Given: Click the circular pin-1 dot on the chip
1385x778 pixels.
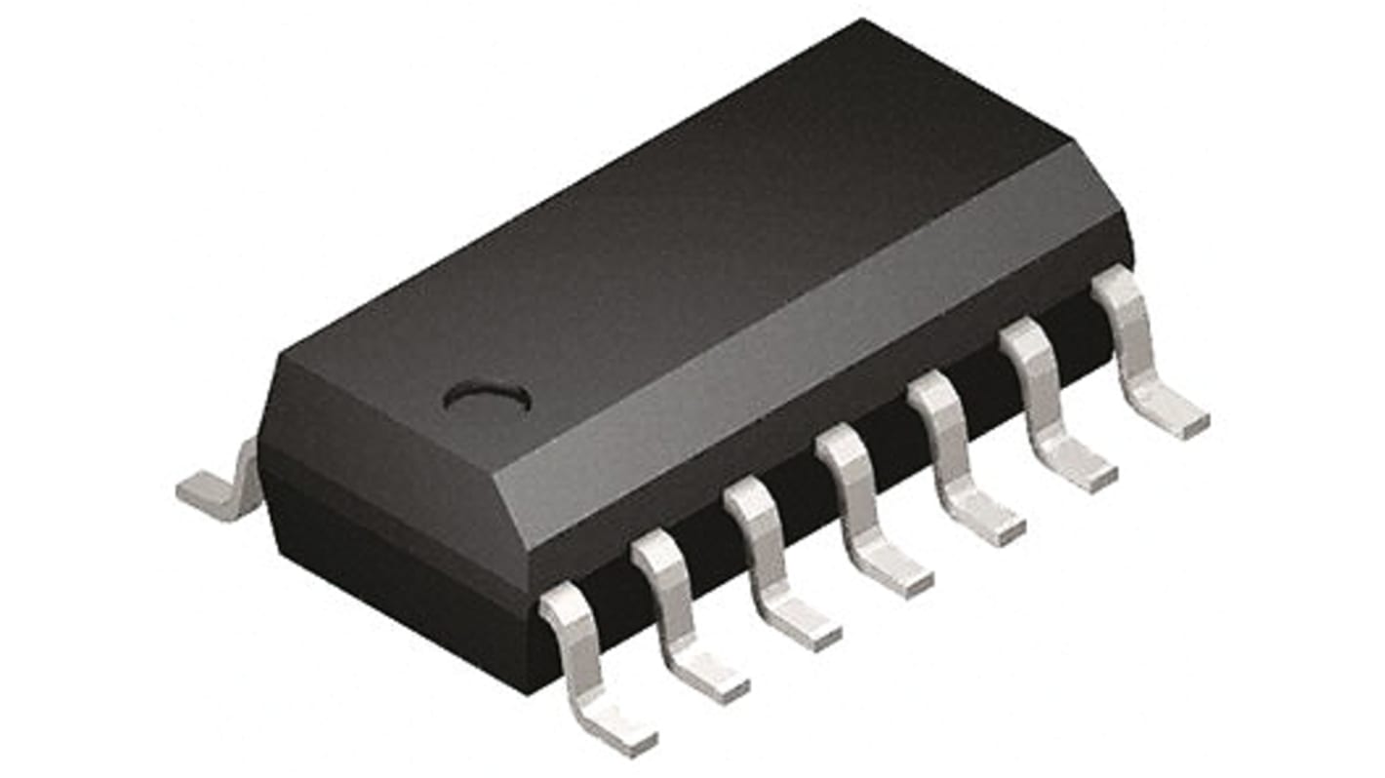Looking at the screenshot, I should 486,397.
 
